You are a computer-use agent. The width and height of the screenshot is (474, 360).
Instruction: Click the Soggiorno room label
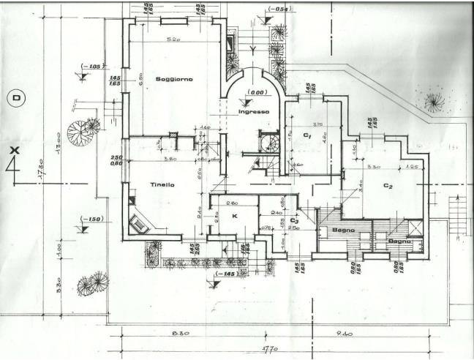coord(173,79)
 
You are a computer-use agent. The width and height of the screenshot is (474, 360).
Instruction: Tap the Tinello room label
coord(162,185)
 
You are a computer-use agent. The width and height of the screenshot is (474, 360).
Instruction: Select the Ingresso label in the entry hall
coord(254,111)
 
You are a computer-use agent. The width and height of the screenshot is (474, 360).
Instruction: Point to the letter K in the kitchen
coord(235,216)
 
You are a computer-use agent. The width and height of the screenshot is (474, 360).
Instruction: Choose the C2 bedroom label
coord(388,186)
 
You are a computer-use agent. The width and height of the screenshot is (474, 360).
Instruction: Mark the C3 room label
coord(294,220)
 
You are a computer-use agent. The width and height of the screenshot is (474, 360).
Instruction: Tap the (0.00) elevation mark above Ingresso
coord(255,94)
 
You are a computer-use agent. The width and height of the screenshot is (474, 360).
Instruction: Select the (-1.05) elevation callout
coord(90,65)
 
